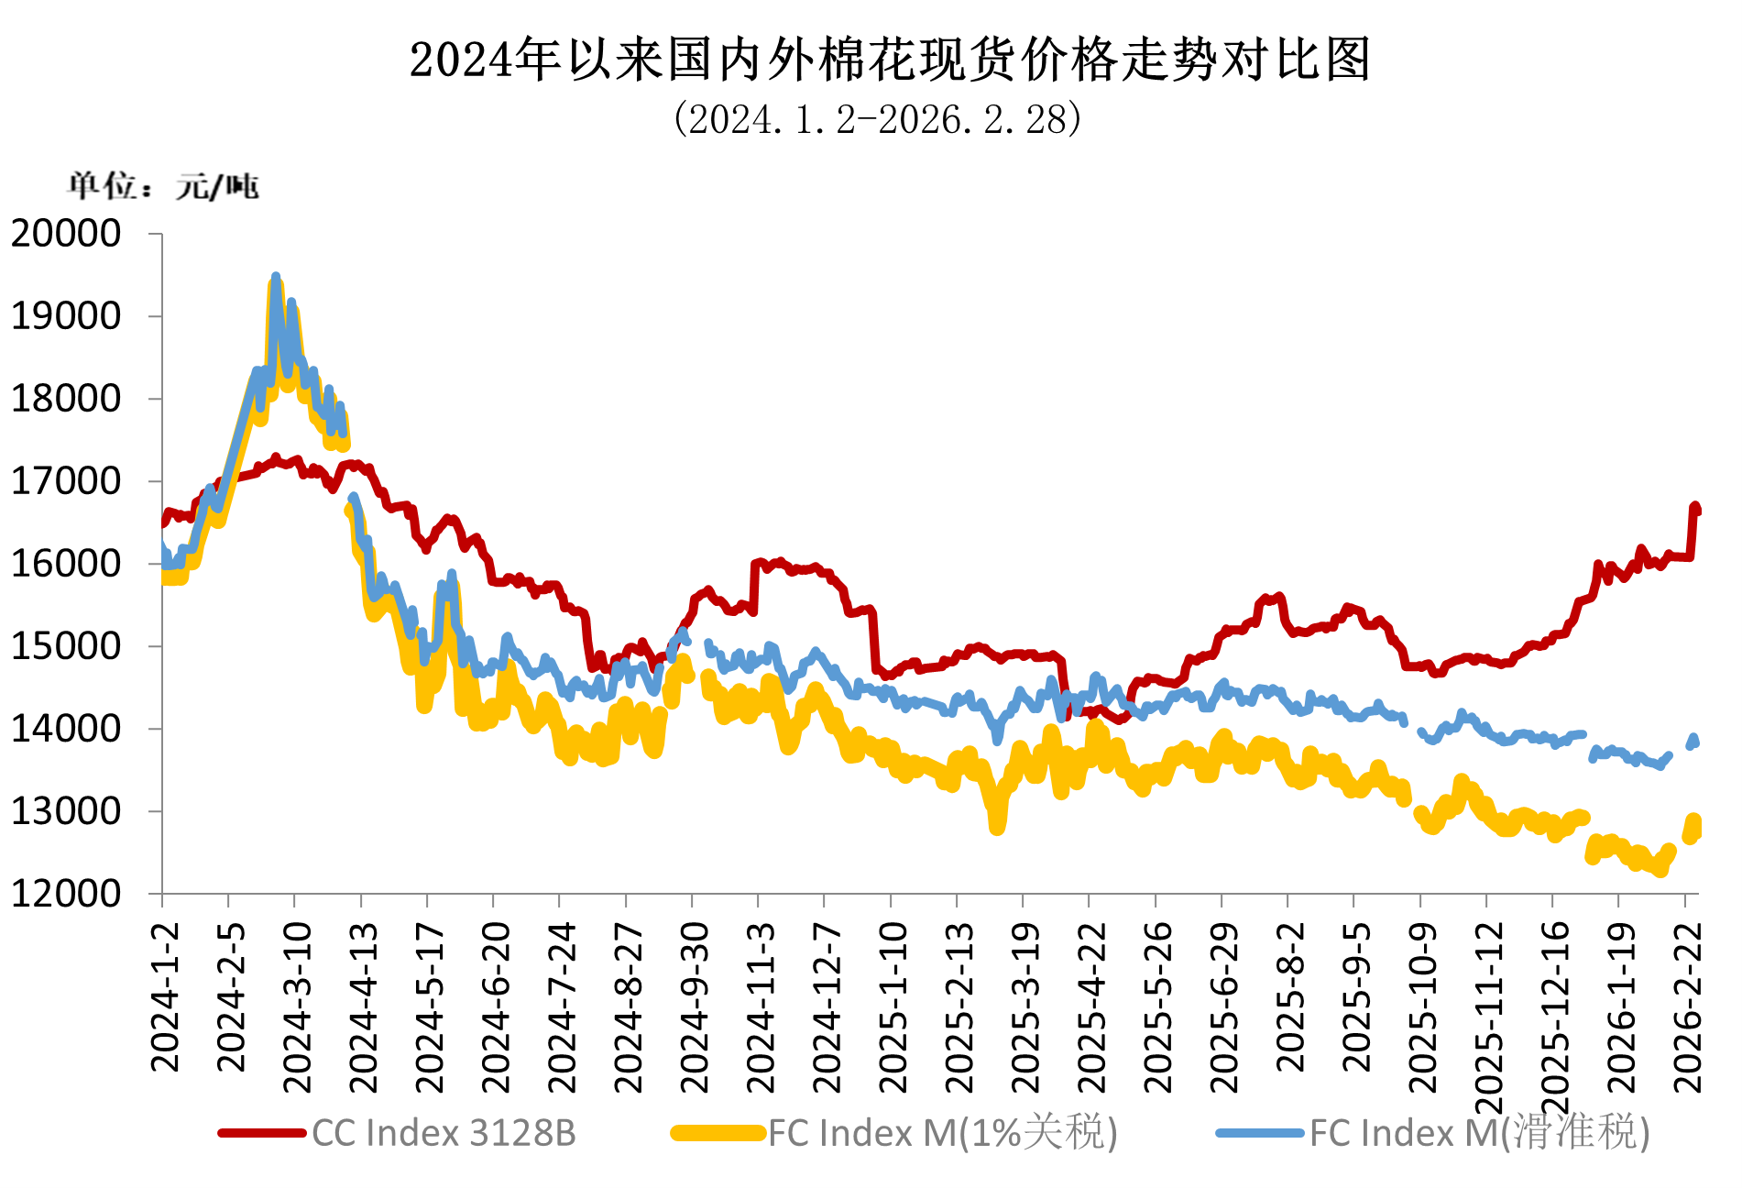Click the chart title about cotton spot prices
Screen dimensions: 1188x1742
click(889, 60)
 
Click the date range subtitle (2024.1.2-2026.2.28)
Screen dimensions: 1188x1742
click(877, 120)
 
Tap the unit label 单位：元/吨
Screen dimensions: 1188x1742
click(164, 186)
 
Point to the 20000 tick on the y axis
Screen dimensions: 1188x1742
click(66, 234)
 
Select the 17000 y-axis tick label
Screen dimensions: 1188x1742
click(66, 481)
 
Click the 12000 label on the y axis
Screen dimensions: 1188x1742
click(66, 894)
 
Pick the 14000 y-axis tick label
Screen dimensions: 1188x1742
click(66, 729)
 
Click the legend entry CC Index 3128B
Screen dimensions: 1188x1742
click(444, 1133)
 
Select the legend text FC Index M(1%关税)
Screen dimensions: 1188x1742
click(942, 1133)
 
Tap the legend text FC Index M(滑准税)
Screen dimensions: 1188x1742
click(1479, 1133)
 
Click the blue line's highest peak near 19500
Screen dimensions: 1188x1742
click(276, 276)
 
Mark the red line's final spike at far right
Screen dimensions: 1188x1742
click(1694, 506)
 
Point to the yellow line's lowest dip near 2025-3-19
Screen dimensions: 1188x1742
click(997, 827)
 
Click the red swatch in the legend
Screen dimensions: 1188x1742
click(262, 1133)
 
